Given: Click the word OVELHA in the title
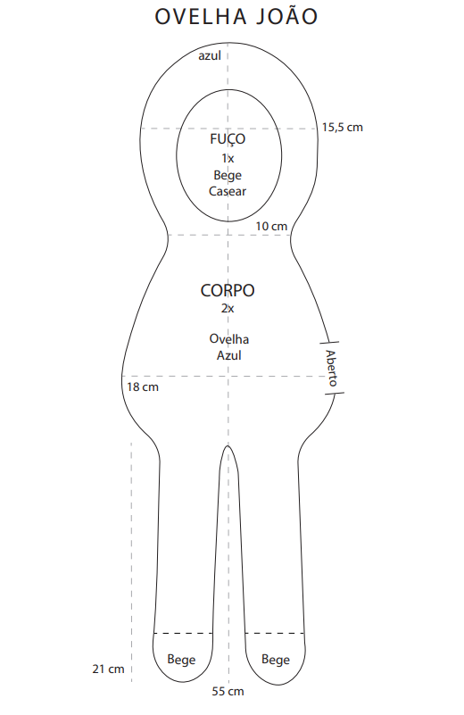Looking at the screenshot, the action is click(x=201, y=17).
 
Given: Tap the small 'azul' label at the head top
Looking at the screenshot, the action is click(x=210, y=55).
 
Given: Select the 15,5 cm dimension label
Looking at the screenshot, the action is click(x=343, y=128).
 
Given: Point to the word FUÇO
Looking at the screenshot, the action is click(x=228, y=139).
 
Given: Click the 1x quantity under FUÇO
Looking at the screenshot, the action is click(x=228, y=158).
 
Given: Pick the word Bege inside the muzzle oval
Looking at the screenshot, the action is click(x=228, y=175).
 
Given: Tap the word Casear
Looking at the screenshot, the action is click(x=228, y=191).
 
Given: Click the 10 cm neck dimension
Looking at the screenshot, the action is click(x=271, y=226).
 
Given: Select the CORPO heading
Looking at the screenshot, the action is click(x=228, y=290).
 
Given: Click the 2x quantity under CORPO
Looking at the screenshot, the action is click(x=228, y=308).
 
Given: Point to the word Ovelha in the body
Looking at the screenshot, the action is click(x=228, y=339).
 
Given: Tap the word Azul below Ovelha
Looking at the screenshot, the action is click(x=228, y=355).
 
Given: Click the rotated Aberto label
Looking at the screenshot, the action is click(x=331, y=368).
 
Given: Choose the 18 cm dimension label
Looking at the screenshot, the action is click(x=143, y=387).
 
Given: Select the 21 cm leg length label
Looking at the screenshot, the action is click(x=108, y=669).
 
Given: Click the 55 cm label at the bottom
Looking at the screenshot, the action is click(x=228, y=691).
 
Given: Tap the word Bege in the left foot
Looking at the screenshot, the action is click(x=181, y=660).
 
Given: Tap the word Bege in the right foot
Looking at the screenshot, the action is click(x=276, y=660).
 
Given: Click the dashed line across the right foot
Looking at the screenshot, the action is click(x=275, y=634).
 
